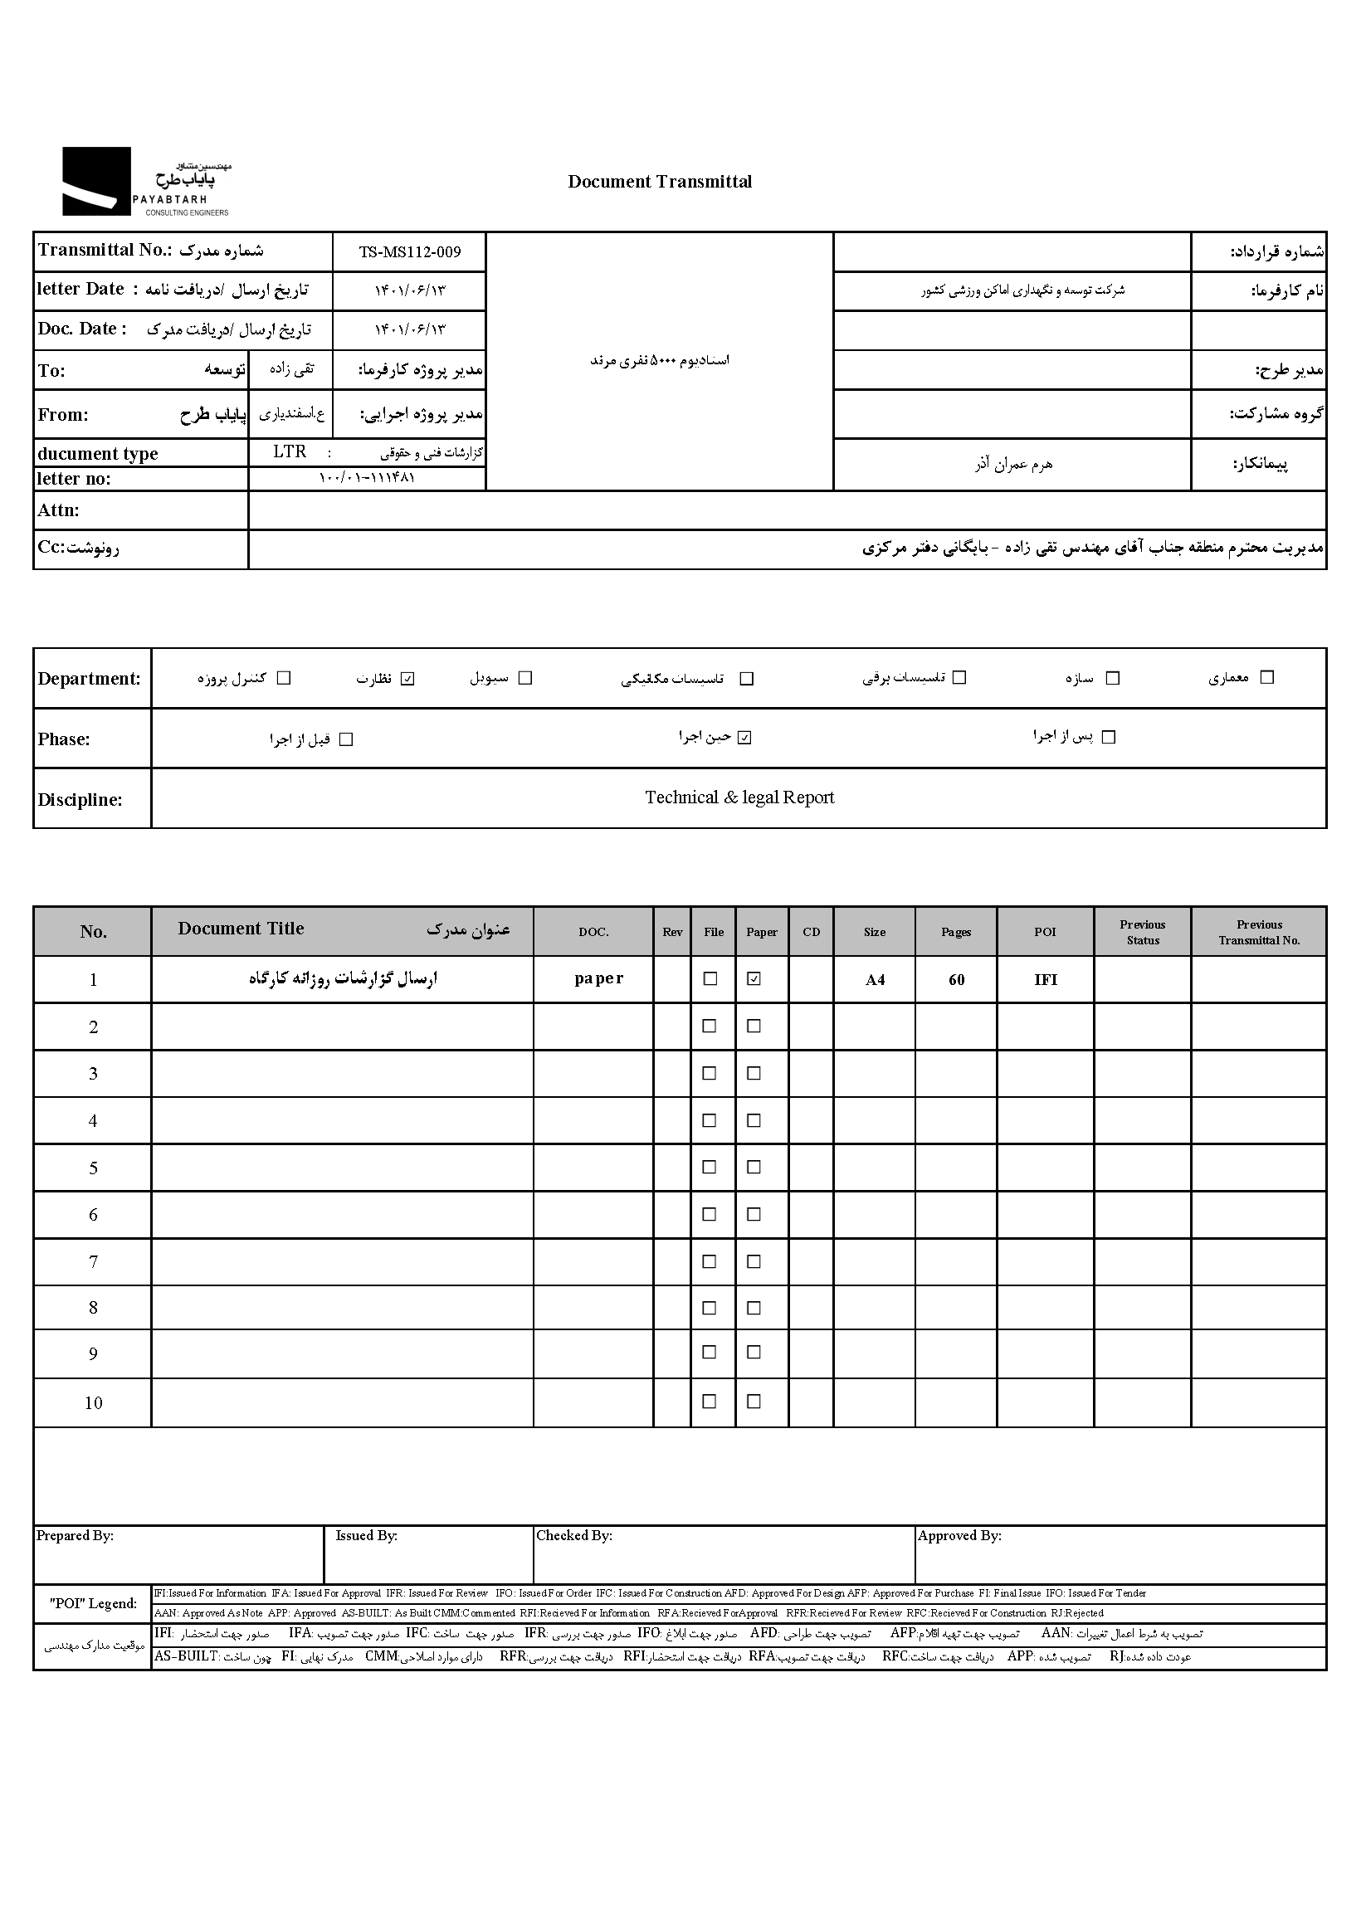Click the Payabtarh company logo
click(144, 182)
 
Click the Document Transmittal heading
click(660, 182)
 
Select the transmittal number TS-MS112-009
click(410, 251)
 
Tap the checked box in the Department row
click(408, 679)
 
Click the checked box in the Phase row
click(744, 738)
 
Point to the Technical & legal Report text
click(739, 797)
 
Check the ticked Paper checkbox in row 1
click(754, 978)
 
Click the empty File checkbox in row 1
click(710, 978)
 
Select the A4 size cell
click(875, 980)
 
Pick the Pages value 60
click(956, 980)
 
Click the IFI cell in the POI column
click(1046, 980)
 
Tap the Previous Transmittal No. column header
click(1259, 932)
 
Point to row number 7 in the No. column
click(94, 1261)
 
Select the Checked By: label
click(574, 1536)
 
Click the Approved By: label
click(959, 1536)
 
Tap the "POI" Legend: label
click(92, 1603)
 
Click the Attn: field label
click(59, 510)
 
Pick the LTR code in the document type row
click(290, 451)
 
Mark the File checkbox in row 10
click(710, 1401)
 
